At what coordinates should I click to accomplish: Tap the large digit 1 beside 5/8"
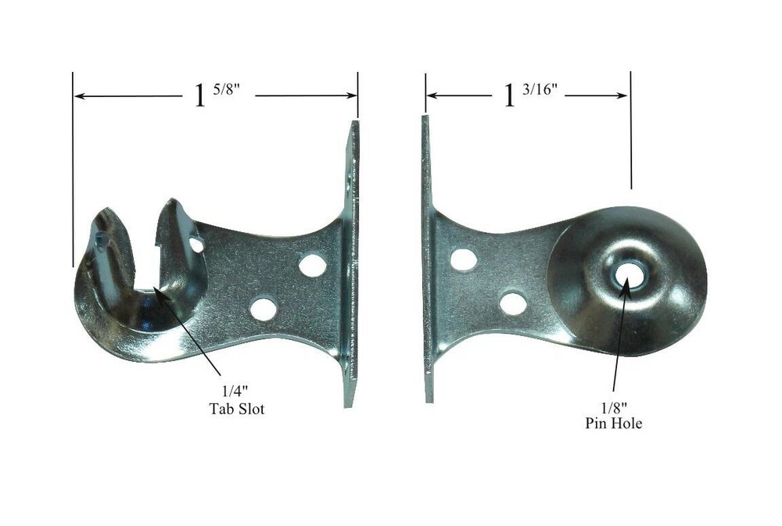click(x=200, y=96)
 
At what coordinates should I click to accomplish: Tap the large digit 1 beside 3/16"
click(x=511, y=96)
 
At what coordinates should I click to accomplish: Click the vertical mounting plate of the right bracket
click(x=427, y=258)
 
